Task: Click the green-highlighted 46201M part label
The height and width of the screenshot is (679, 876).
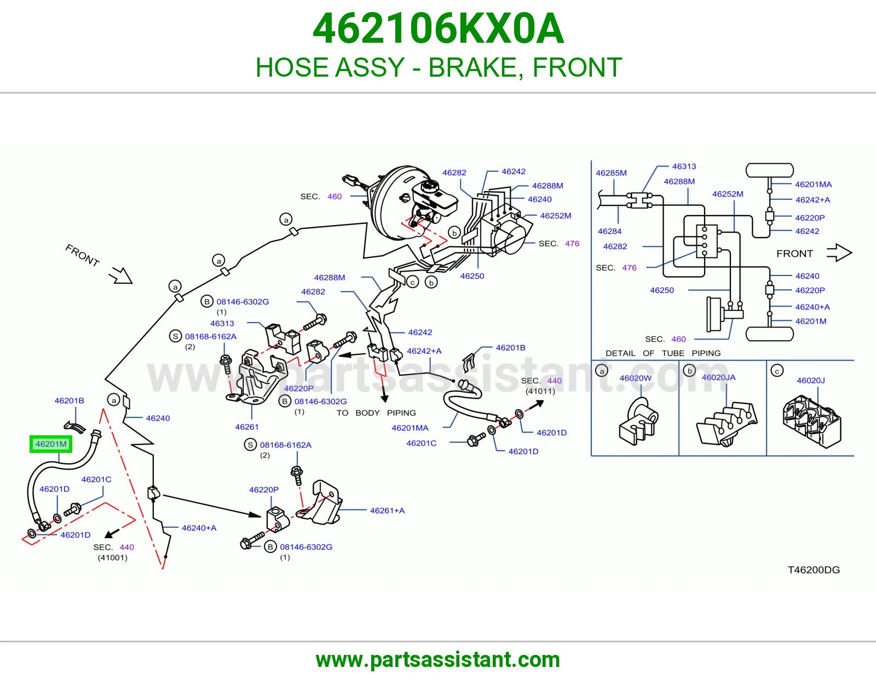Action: click(51, 444)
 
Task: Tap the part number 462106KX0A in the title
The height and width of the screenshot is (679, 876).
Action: click(438, 28)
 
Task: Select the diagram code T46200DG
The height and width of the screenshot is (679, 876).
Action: click(814, 569)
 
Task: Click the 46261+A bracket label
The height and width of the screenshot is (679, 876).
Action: click(388, 510)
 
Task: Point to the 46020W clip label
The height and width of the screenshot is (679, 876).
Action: click(635, 378)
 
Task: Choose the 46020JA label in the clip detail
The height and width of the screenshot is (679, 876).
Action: click(718, 377)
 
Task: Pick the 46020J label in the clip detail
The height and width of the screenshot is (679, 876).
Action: click(811, 380)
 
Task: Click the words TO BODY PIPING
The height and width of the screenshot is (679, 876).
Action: click(376, 413)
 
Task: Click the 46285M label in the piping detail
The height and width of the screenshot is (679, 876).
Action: click(611, 173)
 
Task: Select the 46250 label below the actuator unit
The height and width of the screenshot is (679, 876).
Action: click(472, 276)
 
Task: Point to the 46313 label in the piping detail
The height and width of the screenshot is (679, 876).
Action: click(684, 166)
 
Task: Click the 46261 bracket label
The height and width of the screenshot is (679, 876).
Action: click(247, 427)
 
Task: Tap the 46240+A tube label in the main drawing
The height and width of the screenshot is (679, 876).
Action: click(199, 528)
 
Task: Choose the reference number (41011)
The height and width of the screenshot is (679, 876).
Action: click(540, 391)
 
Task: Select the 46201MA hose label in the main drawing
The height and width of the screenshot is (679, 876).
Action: click(410, 428)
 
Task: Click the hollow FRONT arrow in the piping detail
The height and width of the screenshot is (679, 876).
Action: click(839, 253)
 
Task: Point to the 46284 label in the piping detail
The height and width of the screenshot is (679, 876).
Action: click(609, 231)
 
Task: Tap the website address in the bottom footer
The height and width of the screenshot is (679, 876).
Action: click(438, 660)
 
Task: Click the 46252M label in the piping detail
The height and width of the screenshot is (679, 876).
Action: click(728, 194)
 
